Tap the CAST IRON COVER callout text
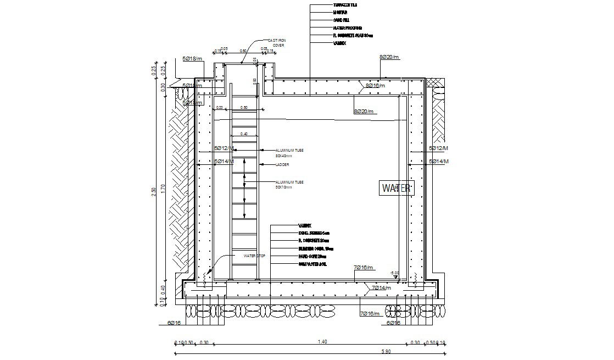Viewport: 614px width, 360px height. click(276, 43)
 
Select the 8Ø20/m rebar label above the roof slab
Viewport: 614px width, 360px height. click(389, 57)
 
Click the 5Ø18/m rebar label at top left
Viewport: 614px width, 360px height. click(193, 58)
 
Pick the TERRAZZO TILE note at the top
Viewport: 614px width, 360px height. click(345, 4)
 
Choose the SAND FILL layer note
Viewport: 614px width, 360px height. click(341, 19)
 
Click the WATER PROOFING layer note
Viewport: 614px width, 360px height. click(347, 27)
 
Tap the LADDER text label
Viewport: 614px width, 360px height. click(282, 165)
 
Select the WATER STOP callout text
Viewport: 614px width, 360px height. click(254, 256)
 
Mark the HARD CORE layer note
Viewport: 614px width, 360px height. click(312, 256)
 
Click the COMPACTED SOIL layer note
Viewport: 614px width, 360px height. click(313, 264)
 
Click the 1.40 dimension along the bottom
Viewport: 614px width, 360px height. click(322, 342)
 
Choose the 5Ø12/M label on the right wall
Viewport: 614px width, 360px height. click(439, 148)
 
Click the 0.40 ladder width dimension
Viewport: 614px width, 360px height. click(244, 134)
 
